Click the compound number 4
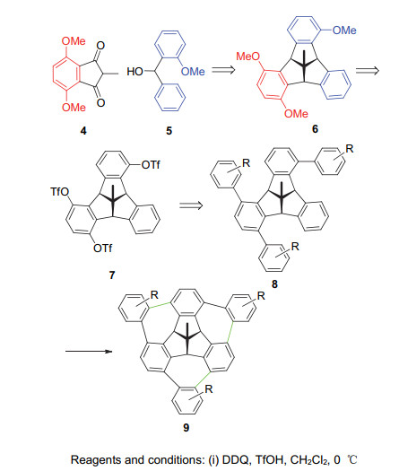pos(83,131)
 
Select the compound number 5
pos(169,131)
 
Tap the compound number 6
pos(315,128)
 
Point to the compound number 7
pos(112,275)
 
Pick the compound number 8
pos(274,283)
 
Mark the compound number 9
pos(186,427)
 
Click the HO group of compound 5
pos(134,72)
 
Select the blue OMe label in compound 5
pos(193,72)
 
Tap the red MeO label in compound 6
pos(248,57)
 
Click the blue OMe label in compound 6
pos(344,30)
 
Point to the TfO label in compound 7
pos(59,191)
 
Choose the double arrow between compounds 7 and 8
pos(191,205)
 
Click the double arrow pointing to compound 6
pos(223,70)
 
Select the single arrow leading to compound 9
pos(89,351)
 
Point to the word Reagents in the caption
pos(96,460)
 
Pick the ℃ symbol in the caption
pos(352,459)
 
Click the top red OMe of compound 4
pos(74,41)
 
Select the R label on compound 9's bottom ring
pos(209,389)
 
